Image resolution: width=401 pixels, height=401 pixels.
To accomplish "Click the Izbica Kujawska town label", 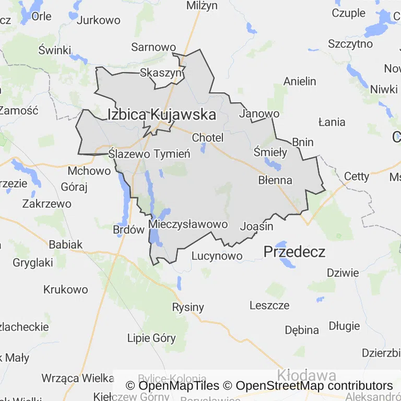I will tap(161, 114).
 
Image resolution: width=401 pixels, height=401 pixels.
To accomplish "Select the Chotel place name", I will tap(208, 138).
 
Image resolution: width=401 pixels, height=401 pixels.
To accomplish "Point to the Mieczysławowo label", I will tap(188, 225).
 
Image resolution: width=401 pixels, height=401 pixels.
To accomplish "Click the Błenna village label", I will tap(275, 180).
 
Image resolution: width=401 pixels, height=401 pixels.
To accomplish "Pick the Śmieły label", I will tap(270, 152).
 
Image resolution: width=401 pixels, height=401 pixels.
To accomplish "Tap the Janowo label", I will tap(259, 113).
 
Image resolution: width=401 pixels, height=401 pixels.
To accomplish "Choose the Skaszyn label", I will tap(160, 73).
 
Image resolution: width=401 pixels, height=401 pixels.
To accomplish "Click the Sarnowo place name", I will tap(154, 47).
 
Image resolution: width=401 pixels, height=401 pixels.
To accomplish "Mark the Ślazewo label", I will tap(129, 154).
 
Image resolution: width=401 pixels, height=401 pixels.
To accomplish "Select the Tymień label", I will tap(172, 154).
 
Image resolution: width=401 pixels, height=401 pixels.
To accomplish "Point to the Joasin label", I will tap(256, 227).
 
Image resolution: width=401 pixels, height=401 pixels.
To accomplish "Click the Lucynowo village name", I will tap(217, 256).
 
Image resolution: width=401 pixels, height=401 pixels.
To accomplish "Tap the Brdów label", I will tap(128, 229).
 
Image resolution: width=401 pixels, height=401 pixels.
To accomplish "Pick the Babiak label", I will tap(66, 244).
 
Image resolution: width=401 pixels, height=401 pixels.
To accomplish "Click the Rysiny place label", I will tap(188, 307).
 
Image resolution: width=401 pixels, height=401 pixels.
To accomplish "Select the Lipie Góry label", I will tap(151, 338).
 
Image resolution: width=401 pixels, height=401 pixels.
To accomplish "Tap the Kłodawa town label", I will tap(306, 375).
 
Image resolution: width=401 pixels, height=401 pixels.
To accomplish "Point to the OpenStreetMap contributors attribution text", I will tap(314, 386).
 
